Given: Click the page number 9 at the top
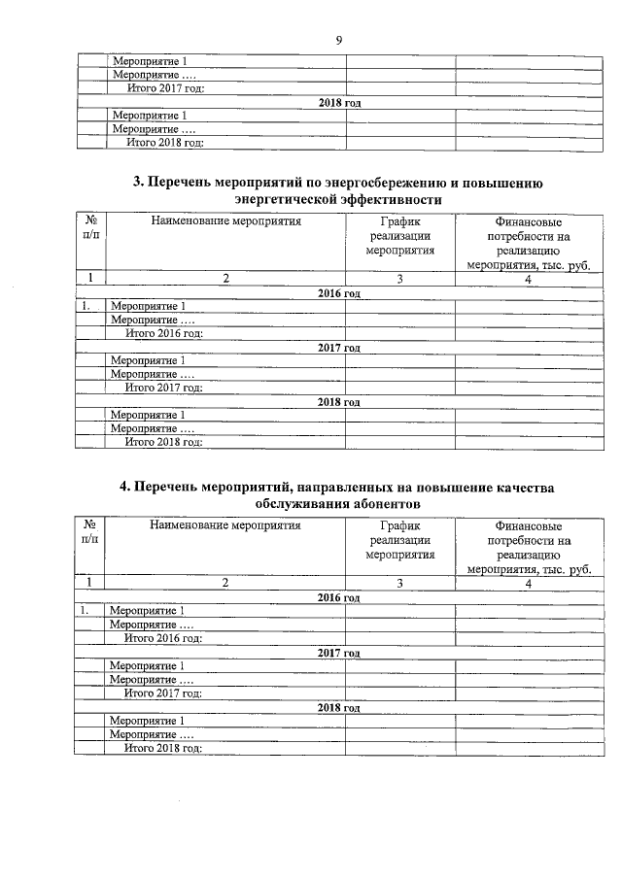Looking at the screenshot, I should point(339,40).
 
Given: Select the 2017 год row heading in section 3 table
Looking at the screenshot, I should point(339,347).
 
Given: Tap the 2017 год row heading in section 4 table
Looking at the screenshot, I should point(339,653).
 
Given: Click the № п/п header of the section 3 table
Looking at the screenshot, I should point(90,229).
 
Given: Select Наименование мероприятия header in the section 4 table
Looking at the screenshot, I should point(225,525).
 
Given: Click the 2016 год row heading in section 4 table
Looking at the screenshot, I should point(339,597).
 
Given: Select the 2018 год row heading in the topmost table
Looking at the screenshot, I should point(339,102).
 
